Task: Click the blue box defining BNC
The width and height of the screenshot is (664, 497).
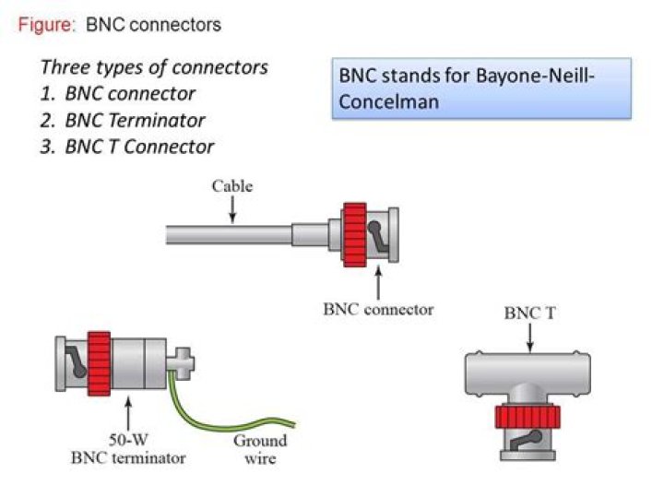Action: click(x=481, y=89)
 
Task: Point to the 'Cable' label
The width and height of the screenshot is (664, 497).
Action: click(x=231, y=186)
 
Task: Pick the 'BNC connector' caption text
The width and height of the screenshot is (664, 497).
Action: click(x=378, y=309)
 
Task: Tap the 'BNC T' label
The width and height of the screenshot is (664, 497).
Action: click(x=529, y=314)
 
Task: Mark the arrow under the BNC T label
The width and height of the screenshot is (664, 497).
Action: click(x=529, y=338)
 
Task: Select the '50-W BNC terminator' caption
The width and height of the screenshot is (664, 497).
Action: click(x=131, y=449)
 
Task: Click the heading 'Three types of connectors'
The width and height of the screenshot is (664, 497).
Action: click(x=154, y=67)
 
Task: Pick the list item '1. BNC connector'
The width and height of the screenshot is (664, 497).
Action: click(x=118, y=93)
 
